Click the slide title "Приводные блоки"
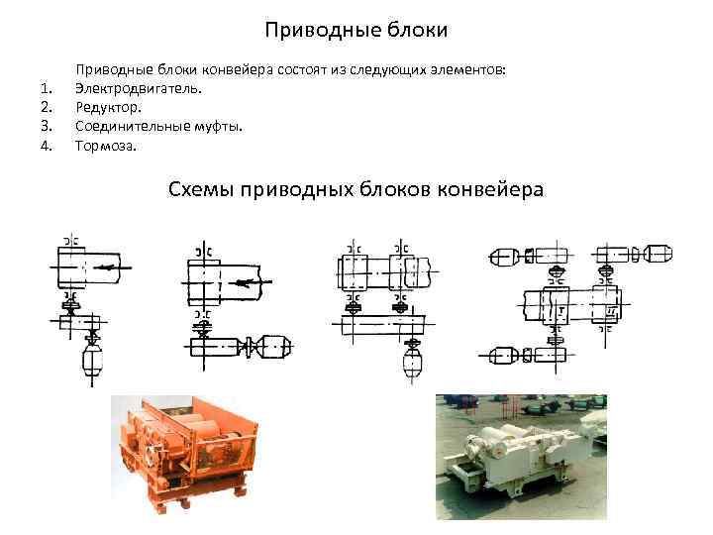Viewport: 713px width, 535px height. point(356,31)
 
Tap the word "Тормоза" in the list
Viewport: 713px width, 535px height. point(108,146)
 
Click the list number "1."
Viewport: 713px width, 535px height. point(44,89)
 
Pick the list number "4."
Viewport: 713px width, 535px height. point(44,146)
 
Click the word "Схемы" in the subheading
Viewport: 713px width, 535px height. point(205,189)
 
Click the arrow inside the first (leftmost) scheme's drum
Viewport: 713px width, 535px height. point(116,267)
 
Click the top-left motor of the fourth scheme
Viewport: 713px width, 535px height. point(504,256)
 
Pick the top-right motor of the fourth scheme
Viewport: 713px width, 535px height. point(654,255)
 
